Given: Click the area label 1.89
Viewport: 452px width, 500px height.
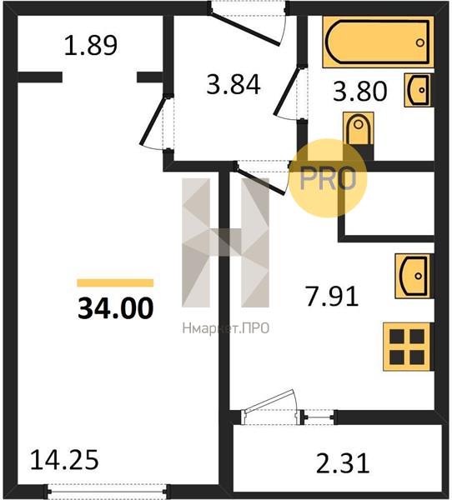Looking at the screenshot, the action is (x=91, y=46).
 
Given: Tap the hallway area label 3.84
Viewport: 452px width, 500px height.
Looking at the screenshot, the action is (x=234, y=84).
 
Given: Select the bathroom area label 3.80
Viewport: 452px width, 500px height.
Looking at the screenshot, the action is (x=360, y=91).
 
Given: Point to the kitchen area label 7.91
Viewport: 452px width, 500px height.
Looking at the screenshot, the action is (x=333, y=296).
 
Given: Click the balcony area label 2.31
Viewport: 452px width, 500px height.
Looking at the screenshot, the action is (x=343, y=463).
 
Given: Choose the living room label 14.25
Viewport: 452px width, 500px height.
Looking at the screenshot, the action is (x=64, y=460).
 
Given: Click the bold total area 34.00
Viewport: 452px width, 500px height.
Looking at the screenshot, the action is (x=116, y=308).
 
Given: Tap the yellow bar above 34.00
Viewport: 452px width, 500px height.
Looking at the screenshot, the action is (x=115, y=282).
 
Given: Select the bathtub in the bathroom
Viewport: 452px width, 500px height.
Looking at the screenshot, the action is (x=378, y=42).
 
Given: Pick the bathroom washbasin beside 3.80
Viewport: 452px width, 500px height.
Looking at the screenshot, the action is (x=419, y=90).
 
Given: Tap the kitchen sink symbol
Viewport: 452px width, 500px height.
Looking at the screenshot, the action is (x=414, y=276).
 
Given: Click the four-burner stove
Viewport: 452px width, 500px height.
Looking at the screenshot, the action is (x=408, y=347).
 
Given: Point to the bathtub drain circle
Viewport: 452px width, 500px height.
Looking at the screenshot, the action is (x=420, y=42).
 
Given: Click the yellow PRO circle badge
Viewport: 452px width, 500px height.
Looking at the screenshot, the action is (x=328, y=178).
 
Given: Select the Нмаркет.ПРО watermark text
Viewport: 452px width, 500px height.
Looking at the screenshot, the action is (x=226, y=328).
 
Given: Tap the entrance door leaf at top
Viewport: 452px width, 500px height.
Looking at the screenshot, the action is (x=245, y=28).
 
